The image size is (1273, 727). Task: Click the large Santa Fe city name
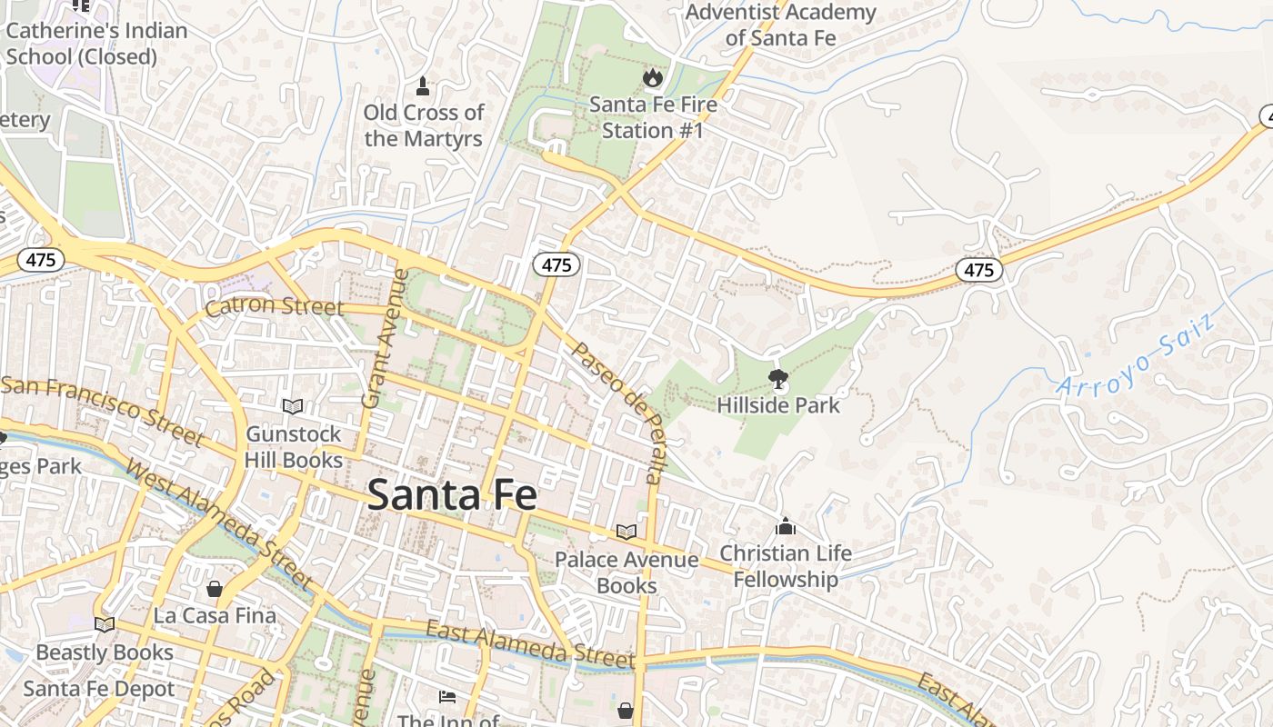[x=452, y=495]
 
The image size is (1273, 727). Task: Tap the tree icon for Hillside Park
[x=777, y=378]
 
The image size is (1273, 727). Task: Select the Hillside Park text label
[x=778, y=405]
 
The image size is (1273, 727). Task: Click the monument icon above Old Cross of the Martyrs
[x=422, y=86]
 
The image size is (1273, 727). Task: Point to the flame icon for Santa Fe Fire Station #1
[x=652, y=78]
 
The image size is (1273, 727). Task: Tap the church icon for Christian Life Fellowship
[x=786, y=526]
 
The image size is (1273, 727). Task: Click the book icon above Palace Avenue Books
[x=626, y=532]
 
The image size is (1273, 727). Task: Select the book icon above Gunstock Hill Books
[x=293, y=406]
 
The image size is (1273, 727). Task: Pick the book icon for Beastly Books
[x=105, y=624]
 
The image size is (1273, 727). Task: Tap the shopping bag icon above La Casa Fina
[x=215, y=589]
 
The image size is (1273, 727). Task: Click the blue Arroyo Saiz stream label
[x=1137, y=354]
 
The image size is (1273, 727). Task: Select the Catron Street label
[x=274, y=306]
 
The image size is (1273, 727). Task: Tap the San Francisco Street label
[x=102, y=409]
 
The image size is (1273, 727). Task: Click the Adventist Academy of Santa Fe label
[x=780, y=25]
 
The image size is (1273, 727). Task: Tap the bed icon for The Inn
[x=447, y=697]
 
